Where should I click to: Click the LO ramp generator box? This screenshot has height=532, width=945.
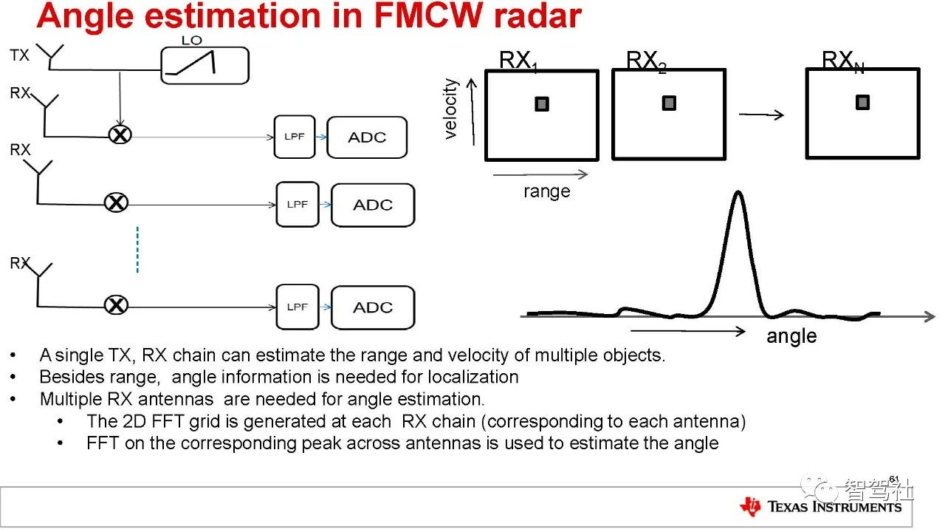(x=205, y=65)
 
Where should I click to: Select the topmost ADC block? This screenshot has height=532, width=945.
(x=367, y=137)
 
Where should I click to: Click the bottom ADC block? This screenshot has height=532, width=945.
(x=373, y=307)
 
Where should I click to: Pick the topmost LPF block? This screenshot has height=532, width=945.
(x=294, y=137)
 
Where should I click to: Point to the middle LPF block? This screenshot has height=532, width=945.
(x=298, y=205)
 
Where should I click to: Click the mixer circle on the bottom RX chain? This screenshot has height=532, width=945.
(x=114, y=304)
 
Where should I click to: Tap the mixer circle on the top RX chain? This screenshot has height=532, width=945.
(x=120, y=134)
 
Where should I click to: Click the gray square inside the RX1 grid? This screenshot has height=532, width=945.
(x=542, y=104)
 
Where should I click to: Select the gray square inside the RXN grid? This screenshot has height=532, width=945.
(x=862, y=103)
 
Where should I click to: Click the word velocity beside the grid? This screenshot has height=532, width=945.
(x=451, y=109)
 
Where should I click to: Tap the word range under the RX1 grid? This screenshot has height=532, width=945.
(x=547, y=191)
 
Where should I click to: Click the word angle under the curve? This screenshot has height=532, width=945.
(x=791, y=336)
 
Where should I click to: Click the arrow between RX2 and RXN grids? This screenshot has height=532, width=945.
(x=760, y=115)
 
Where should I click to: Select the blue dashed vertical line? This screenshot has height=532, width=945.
(x=137, y=250)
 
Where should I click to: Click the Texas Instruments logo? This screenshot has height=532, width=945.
(x=822, y=506)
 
